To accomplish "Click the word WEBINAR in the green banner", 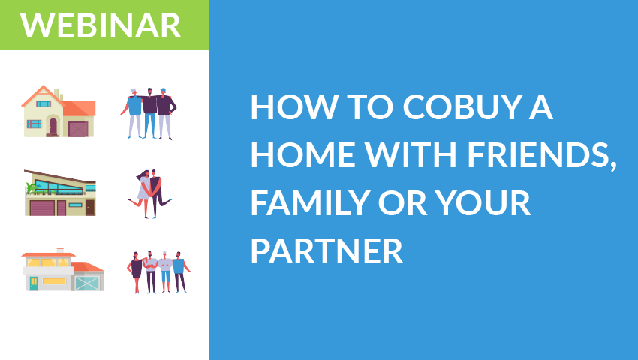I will pyautogui.click(x=101, y=25).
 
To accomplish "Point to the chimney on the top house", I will pyautogui.click(x=57, y=93).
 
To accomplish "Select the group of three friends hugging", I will pyautogui.click(x=149, y=113).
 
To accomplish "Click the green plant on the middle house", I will pyautogui.click(x=32, y=188).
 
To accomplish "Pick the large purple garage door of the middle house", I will pyautogui.click(x=41, y=207).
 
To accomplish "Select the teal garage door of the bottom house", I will pyautogui.click(x=87, y=283).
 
